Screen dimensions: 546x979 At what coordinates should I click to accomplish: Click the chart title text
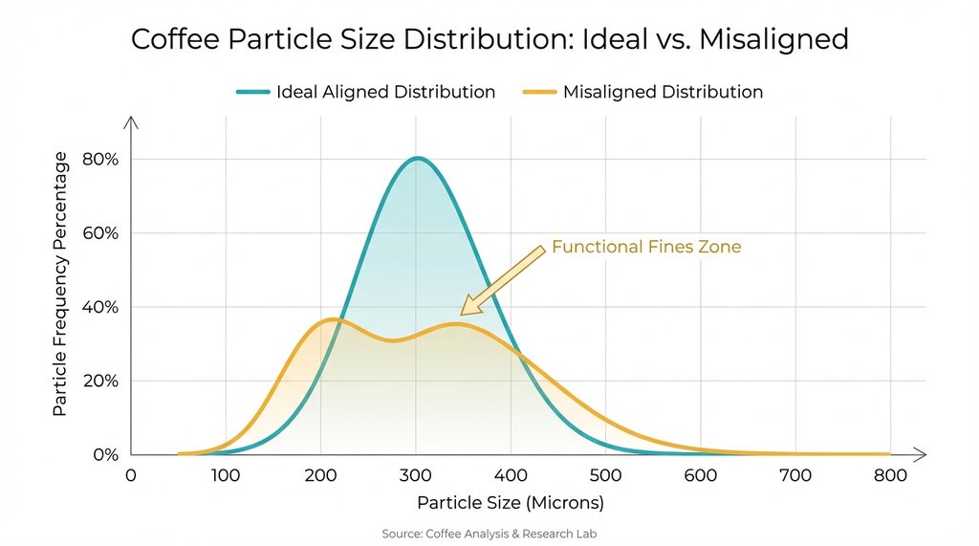coord(489,39)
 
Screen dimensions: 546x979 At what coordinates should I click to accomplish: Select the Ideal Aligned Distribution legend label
coord(385,93)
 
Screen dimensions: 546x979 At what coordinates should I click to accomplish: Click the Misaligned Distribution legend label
coord(663,93)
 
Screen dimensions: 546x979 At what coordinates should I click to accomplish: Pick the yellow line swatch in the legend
coord(539,93)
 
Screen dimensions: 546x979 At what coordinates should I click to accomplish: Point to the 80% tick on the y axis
coord(98,160)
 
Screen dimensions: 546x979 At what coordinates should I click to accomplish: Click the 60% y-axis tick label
coord(98,233)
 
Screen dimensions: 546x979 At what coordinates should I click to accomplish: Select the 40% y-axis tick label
coord(98,307)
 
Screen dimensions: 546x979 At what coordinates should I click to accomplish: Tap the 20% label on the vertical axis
coord(98,381)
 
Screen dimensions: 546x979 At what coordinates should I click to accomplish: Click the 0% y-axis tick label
coord(103,454)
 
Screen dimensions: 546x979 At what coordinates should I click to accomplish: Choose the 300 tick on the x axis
coord(415,475)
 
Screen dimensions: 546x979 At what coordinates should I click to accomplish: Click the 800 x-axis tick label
coord(890,475)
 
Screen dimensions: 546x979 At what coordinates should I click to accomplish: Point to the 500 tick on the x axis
coord(605,475)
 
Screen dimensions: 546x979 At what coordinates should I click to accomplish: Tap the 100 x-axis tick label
coord(225,475)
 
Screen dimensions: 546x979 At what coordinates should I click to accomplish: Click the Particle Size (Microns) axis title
coord(511,502)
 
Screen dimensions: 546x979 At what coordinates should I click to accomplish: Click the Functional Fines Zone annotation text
coord(646,247)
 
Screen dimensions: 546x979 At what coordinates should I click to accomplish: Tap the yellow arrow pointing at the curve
coord(501,279)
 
